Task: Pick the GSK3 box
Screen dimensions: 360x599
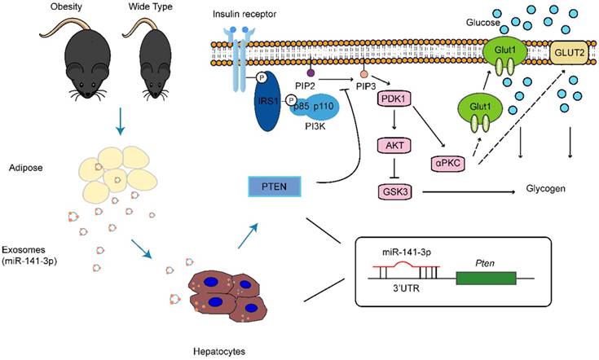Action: pos(392,193)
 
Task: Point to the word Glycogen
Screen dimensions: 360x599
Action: pos(542,188)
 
